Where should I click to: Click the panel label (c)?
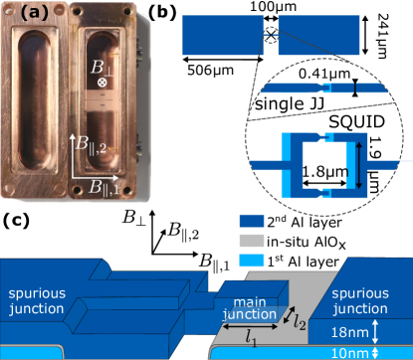point(16,221)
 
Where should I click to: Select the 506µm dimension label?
point(210,71)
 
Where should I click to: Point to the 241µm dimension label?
point(382,36)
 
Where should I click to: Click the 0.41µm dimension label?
point(324,74)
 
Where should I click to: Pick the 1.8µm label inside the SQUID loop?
point(325,172)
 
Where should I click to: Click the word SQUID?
point(357,122)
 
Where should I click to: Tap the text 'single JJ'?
point(290,103)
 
